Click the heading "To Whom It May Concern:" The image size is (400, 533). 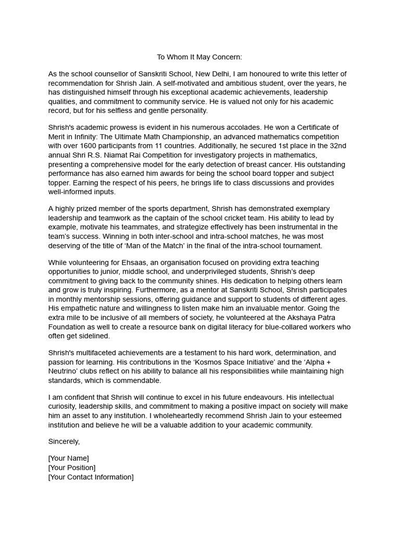point(199,57)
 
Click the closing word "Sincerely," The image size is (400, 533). point(64,441)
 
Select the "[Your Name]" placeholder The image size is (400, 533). point(68,458)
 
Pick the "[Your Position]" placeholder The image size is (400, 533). point(71,467)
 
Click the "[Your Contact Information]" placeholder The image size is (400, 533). point(91,477)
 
